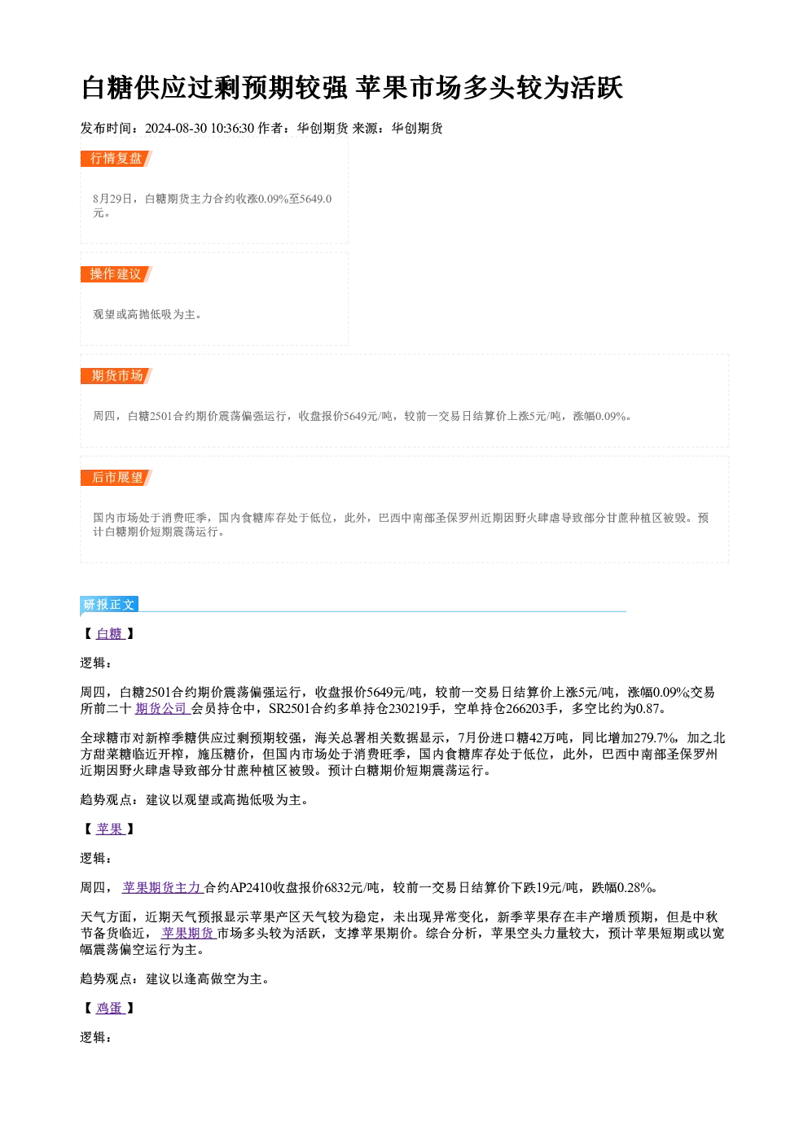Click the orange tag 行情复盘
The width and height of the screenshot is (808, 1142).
click(116, 159)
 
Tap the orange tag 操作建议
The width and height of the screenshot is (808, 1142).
click(116, 274)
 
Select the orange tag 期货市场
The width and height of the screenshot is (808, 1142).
click(116, 376)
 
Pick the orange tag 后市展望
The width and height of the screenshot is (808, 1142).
click(116, 478)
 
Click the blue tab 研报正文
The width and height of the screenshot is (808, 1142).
click(109, 605)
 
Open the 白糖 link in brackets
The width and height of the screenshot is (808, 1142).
click(110, 634)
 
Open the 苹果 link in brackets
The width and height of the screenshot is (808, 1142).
click(110, 829)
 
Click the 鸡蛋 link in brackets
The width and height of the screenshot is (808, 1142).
click(110, 1008)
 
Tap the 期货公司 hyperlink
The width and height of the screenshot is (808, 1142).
click(162, 709)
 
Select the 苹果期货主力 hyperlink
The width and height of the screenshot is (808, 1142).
click(163, 887)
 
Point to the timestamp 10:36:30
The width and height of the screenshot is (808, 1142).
click(232, 129)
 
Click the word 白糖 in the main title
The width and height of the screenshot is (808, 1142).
click(108, 88)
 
